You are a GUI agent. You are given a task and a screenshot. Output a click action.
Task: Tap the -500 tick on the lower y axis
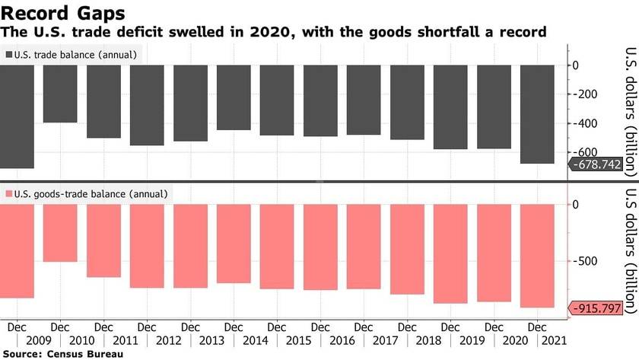593,262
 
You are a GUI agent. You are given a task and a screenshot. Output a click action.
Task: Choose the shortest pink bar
60,233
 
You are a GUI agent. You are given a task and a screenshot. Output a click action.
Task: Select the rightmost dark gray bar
537,114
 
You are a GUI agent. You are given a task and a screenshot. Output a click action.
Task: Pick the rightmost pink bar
537,256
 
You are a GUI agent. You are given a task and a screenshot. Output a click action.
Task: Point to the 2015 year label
300,340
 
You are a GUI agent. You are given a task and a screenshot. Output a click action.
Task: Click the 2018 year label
430,340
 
